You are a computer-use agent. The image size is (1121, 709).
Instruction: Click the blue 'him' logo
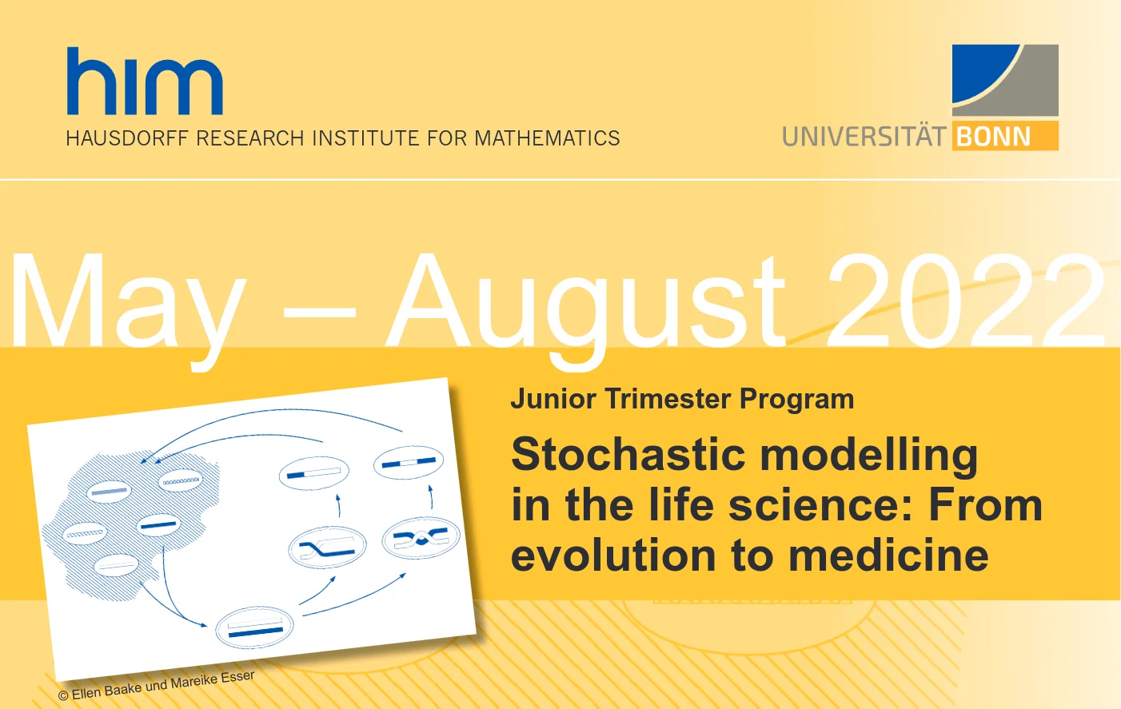click(x=145, y=81)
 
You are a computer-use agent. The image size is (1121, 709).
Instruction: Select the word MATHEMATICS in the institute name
click(x=547, y=138)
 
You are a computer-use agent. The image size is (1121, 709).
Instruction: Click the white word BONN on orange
click(x=993, y=136)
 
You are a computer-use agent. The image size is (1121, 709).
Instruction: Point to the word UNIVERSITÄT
click(x=864, y=136)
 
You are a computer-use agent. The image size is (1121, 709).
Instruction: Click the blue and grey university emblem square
click(x=1005, y=80)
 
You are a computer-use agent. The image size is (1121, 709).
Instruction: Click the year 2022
click(x=966, y=301)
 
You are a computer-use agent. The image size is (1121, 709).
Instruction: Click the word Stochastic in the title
click(x=628, y=454)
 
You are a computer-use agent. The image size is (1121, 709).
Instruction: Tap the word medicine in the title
click(x=888, y=555)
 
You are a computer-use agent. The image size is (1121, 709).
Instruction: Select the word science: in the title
click(x=820, y=505)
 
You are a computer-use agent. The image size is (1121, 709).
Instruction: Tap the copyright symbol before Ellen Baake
click(x=63, y=695)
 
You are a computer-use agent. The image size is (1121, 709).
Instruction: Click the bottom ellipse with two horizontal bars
click(x=255, y=627)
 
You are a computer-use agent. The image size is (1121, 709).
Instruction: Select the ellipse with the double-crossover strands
click(x=421, y=537)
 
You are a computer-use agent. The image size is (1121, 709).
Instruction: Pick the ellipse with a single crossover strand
click(x=327, y=547)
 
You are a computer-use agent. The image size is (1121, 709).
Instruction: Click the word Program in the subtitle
click(x=796, y=400)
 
